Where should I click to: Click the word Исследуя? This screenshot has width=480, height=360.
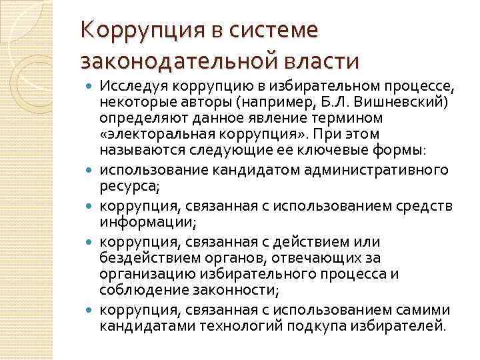131,86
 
